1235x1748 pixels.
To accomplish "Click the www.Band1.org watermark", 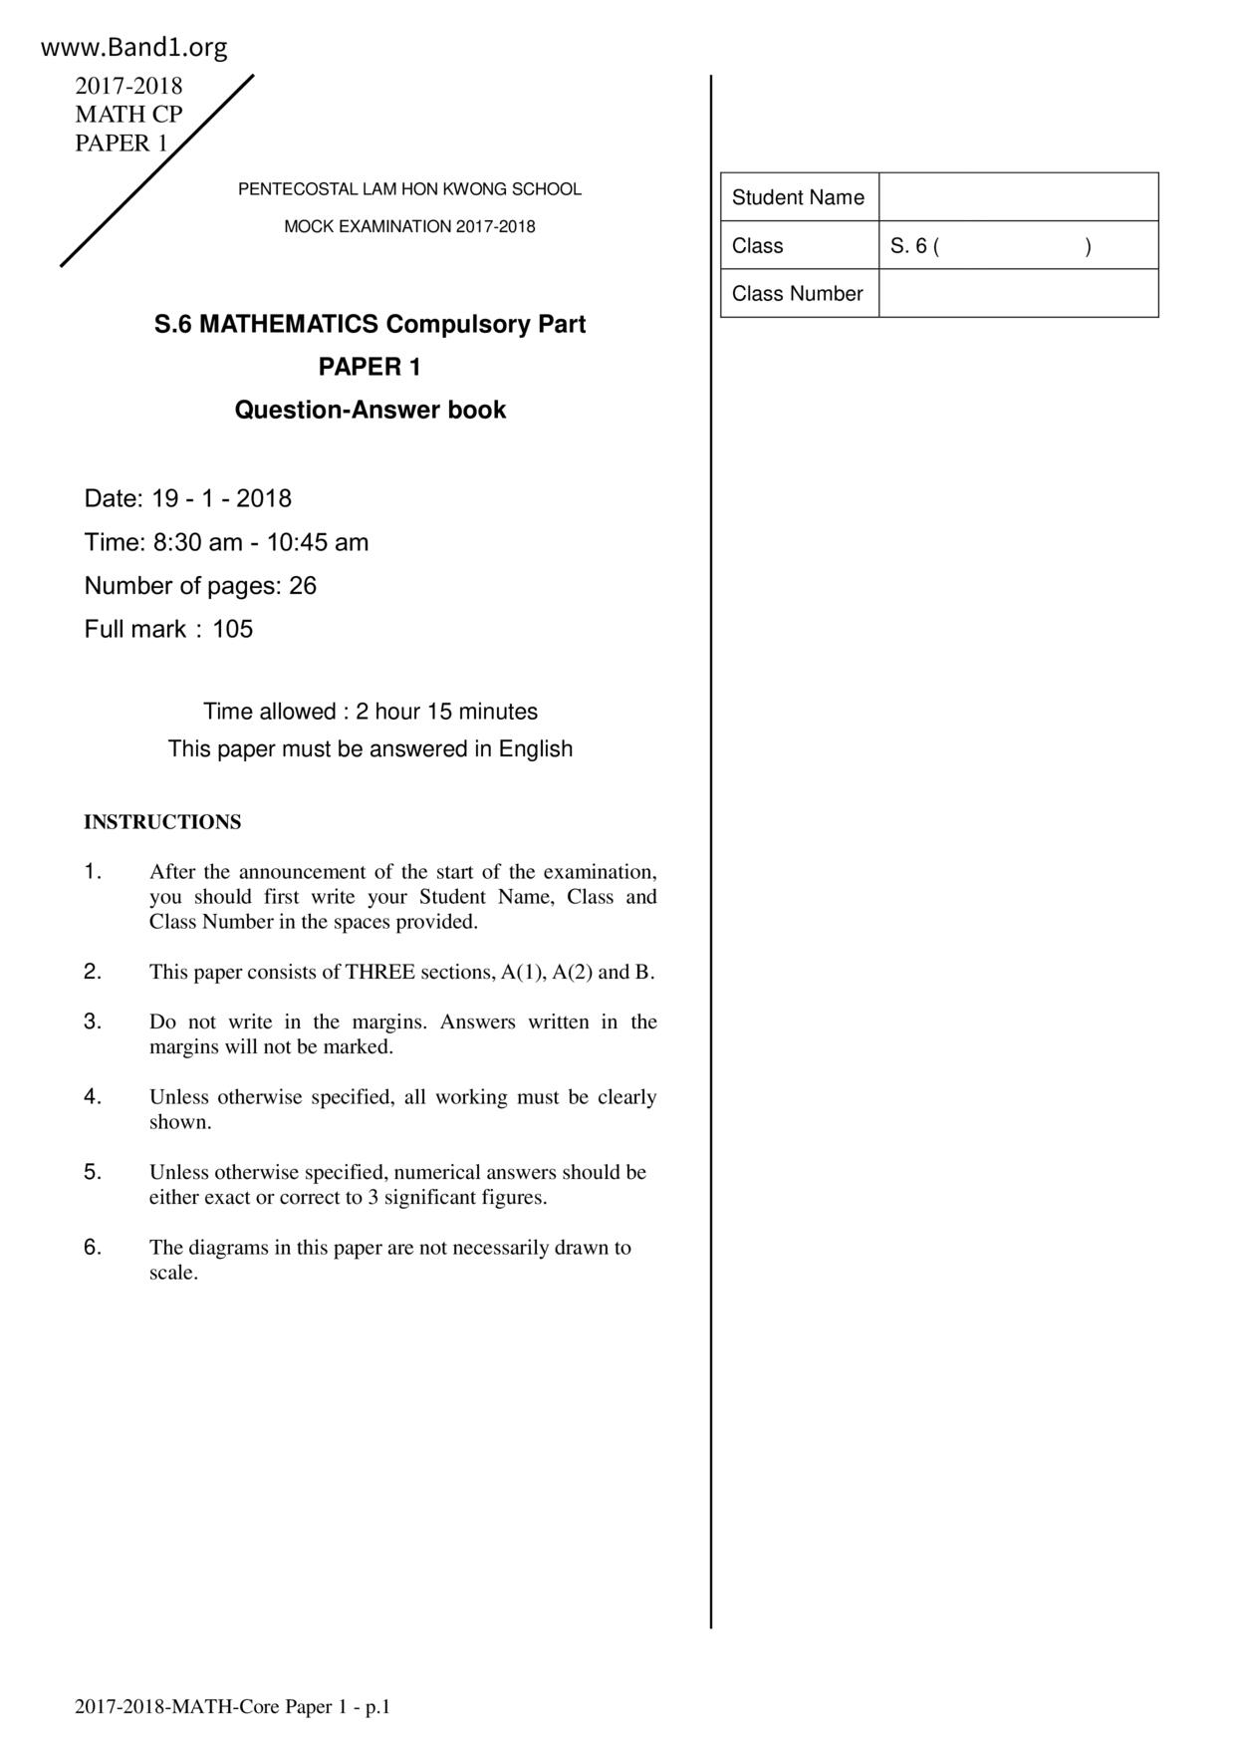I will (134, 48).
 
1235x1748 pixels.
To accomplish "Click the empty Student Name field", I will (1018, 197).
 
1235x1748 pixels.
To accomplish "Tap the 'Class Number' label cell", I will (798, 294).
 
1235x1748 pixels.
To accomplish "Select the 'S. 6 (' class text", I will (915, 246).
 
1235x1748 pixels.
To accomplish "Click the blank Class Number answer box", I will (1018, 294).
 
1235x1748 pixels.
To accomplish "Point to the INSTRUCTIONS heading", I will (162, 822).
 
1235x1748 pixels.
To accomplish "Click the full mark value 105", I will (233, 629).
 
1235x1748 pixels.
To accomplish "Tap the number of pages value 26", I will (303, 586).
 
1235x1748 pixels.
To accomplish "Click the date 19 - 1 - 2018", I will (221, 498).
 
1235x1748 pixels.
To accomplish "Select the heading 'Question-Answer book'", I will (370, 410).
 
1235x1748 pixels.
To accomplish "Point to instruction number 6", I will (93, 1247).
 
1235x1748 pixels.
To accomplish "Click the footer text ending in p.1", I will (233, 1707).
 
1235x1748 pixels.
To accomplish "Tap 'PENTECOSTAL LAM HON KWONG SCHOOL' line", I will (409, 189).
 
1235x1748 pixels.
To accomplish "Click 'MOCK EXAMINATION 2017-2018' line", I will (409, 226).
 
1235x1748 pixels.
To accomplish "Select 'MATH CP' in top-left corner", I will (128, 115).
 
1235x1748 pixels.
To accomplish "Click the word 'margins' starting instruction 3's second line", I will (184, 1047).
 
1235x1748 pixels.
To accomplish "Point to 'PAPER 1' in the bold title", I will (370, 367).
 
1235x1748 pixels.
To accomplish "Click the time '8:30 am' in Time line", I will (197, 543).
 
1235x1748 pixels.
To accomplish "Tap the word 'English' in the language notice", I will (536, 748).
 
